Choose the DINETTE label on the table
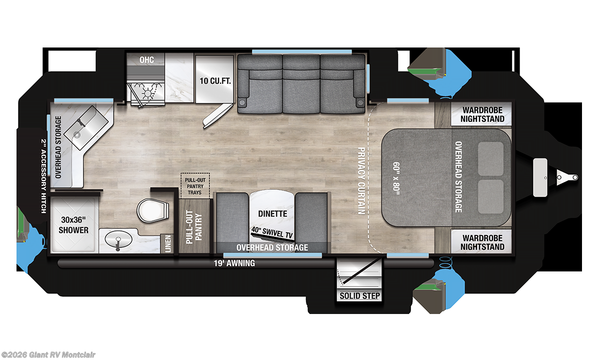click(272, 214)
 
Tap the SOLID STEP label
click(360, 295)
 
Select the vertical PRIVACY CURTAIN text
click(360, 181)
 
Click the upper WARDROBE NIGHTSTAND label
click(483, 114)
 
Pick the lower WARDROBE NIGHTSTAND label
click(483, 242)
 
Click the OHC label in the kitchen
click(146, 60)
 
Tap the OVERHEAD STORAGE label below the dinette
click(272, 247)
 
